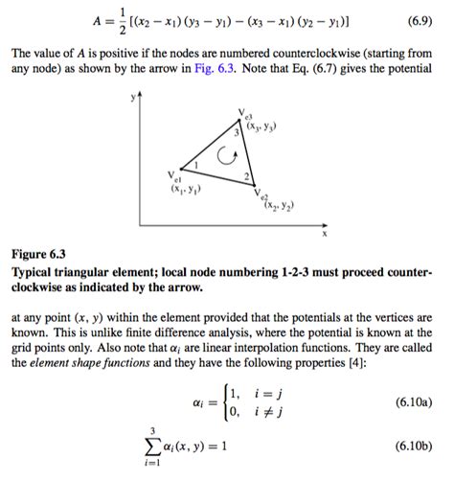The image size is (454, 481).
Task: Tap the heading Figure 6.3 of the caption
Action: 38,255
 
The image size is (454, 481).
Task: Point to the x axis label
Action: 324,233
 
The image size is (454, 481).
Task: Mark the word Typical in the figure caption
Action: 34,273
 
